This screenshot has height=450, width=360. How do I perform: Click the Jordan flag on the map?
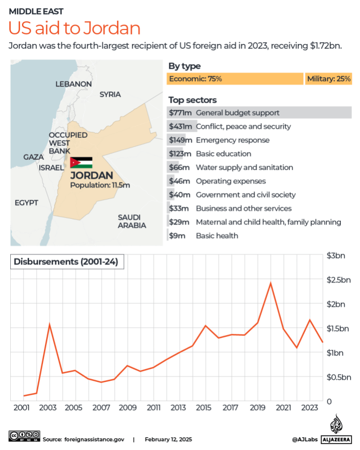81,162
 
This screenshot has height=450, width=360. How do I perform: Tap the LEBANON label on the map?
73,84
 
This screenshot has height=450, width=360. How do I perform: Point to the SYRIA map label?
110,94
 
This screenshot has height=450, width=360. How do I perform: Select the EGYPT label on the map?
26,203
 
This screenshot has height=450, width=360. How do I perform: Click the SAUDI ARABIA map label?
131,221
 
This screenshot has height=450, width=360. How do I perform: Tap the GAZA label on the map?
34,157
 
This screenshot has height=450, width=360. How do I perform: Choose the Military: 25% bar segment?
329,79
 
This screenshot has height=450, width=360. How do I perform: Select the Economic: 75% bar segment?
235,79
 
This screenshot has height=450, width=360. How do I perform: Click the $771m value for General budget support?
180,113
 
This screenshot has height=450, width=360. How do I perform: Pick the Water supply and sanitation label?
245,167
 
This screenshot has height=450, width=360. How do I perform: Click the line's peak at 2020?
270,283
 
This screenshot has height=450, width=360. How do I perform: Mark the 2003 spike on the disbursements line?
50,324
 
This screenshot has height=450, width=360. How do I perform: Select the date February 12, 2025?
168,440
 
